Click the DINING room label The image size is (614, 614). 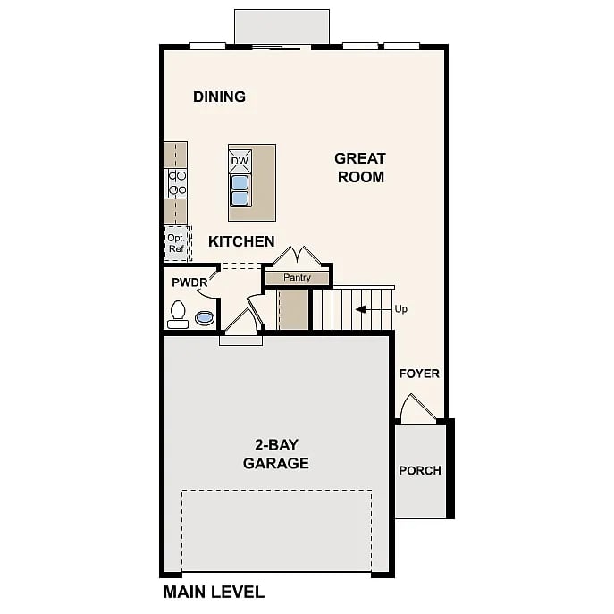[x=219, y=97]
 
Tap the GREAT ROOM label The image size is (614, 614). [x=360, y=168]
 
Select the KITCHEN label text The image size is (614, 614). [x=241, y=241]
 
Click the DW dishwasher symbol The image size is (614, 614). [x=240, y=161]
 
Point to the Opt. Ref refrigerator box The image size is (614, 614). [x=177, y=243]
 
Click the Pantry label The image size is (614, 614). [x=298, y=277]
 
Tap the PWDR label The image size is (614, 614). [x=189, y=282]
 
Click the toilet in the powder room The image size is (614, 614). [x=178, y=314]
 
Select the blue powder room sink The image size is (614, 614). [x=205, y=317]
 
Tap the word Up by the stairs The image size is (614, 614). [x=401, y=309]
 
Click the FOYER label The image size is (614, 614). [x=419, y=374]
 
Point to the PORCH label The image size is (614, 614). [x=420, y=470]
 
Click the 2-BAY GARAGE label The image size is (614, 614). [x=276, y=454]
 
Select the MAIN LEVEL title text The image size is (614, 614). [x=214, y=592]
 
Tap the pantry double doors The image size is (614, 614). [x=298, y=256]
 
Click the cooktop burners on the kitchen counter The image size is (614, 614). [x=177, y=183]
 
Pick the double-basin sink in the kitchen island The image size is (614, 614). [x=240, y=190]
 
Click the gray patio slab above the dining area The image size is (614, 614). [x=282, y=27]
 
